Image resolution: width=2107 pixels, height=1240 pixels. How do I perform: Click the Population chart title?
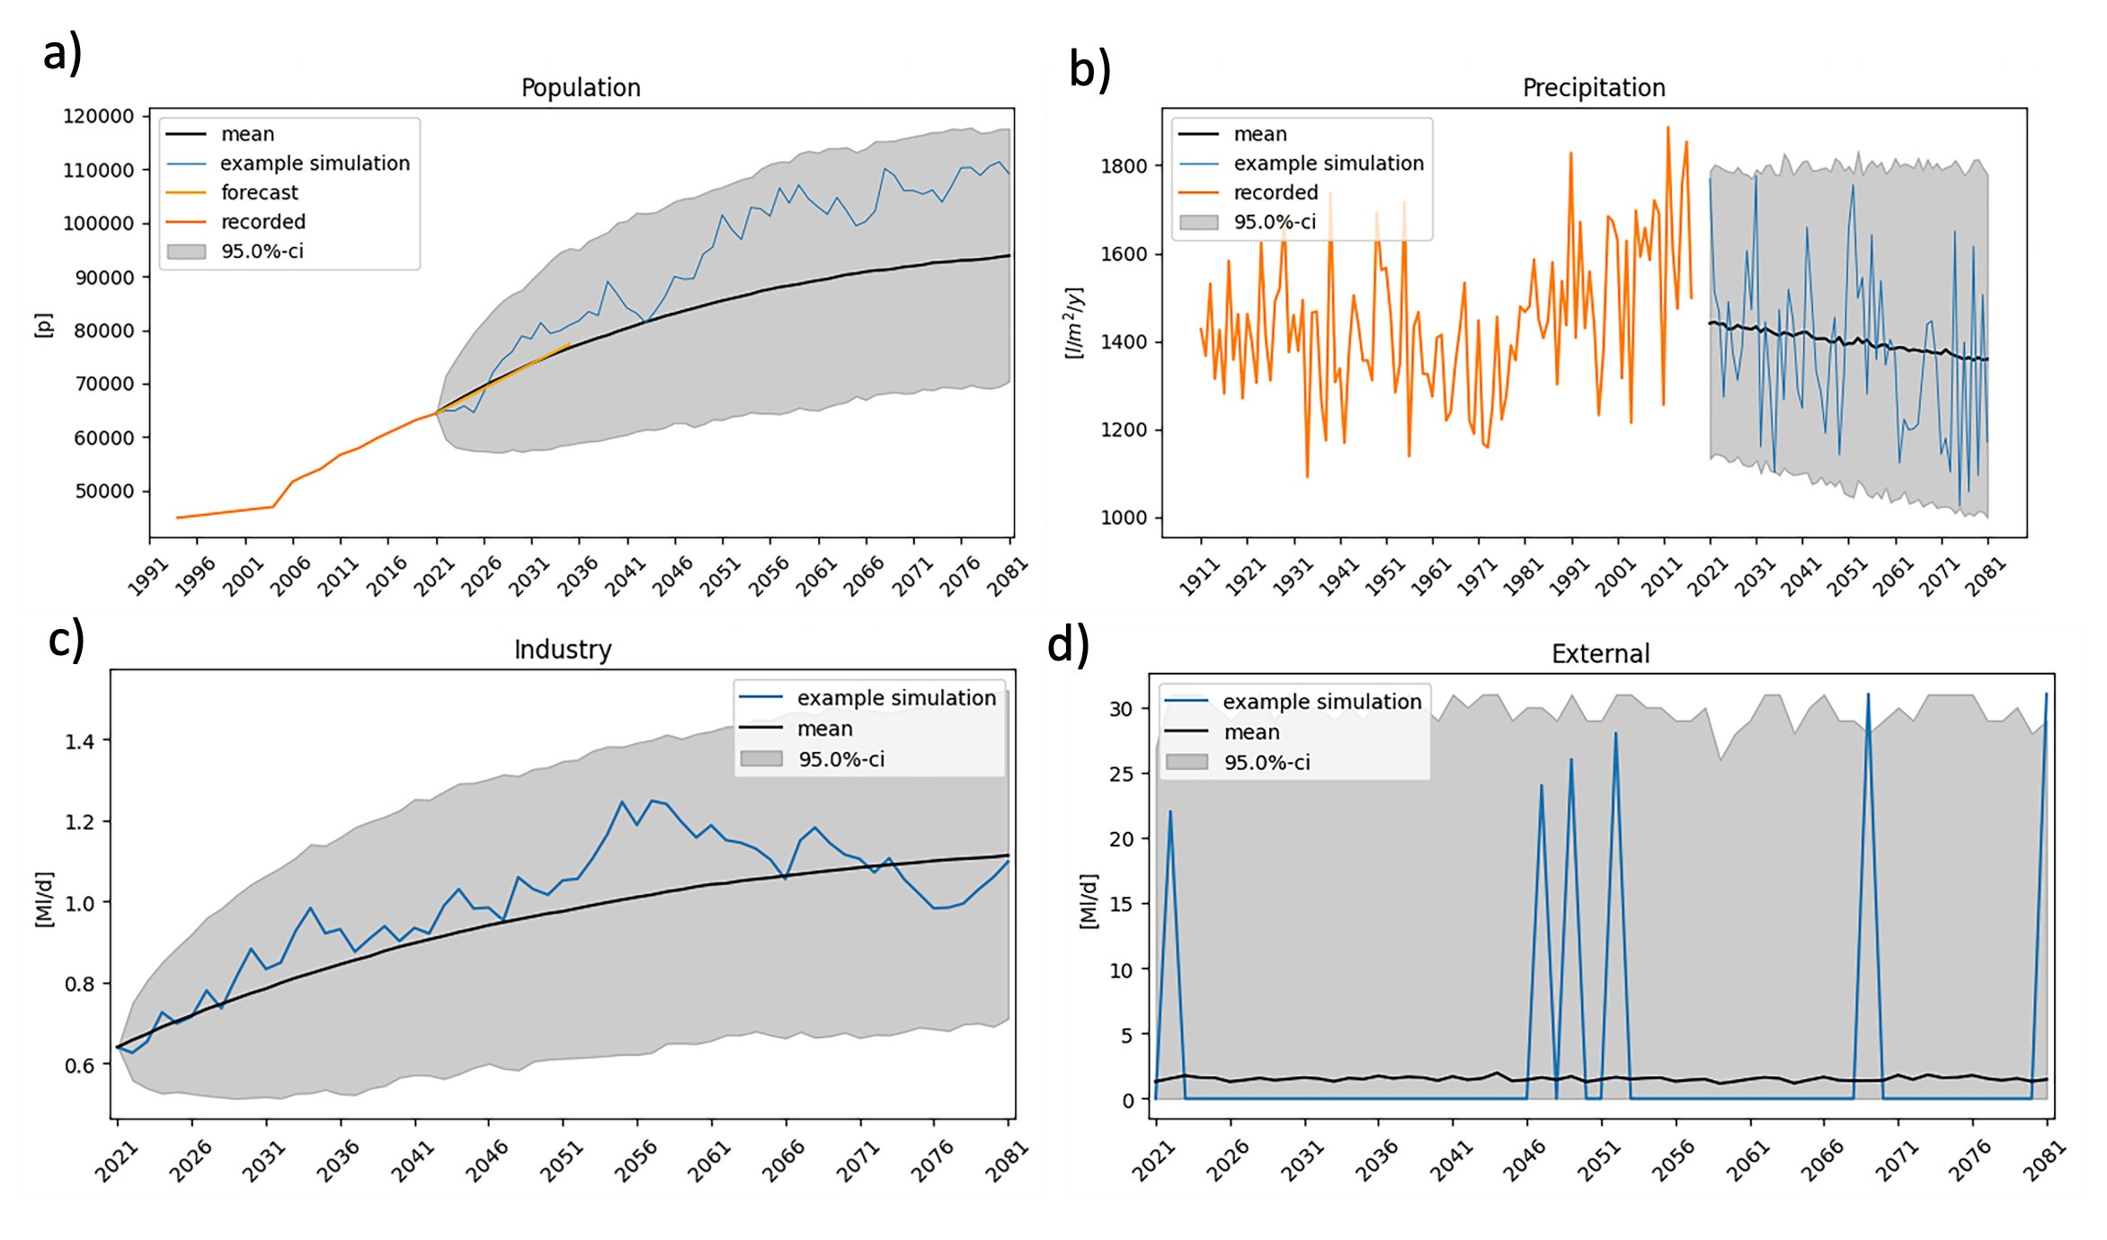[581, 87]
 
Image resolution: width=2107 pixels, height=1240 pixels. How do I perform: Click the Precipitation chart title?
[1593, 87]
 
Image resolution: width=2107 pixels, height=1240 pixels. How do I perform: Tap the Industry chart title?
[563, 649]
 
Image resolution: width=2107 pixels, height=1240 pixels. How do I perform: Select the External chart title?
[1600, 653]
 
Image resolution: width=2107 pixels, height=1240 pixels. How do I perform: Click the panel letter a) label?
[63, 54]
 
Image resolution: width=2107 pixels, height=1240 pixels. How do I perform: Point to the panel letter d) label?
[1068, 645]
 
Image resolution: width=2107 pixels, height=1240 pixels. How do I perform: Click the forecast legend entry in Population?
[259, 192]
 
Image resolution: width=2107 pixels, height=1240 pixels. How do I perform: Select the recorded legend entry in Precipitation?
[1275, 192]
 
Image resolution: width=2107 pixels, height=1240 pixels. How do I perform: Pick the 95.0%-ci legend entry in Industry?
[840, 759]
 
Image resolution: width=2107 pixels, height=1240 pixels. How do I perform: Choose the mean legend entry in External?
[1251, 732]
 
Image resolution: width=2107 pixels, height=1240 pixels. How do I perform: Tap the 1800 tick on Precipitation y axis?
[1124, 165]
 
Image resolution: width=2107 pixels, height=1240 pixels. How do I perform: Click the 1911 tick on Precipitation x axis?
[1197, 577]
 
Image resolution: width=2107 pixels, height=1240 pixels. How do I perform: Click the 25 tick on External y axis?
[1121, 774]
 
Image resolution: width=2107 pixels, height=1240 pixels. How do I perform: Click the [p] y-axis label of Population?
[43, 324]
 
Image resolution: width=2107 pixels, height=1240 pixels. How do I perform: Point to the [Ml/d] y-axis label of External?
[1088, 900]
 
